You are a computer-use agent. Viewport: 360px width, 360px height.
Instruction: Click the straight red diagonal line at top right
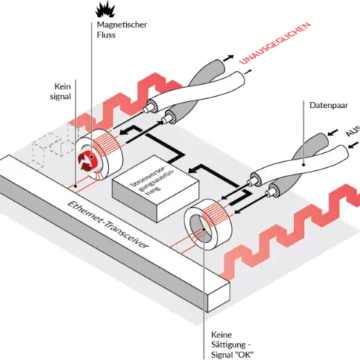tap(273, 42)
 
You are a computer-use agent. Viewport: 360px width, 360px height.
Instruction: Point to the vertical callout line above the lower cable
tap(301, 127)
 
